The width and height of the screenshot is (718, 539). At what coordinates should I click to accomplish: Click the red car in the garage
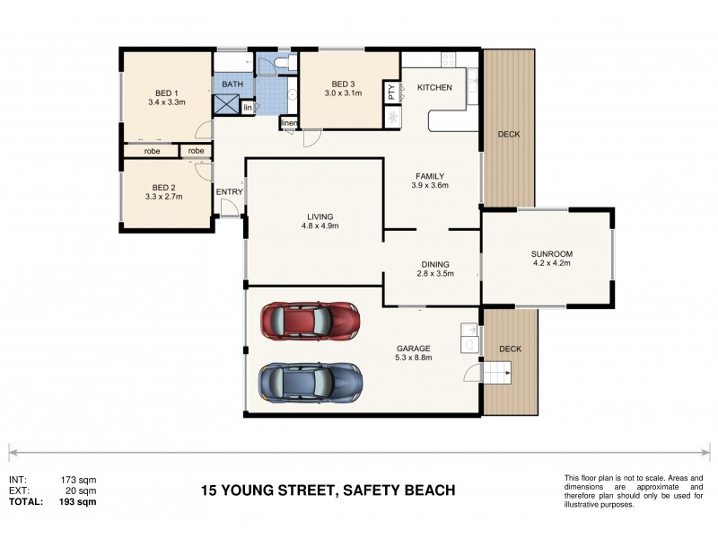pyautogui.click(x=310, y=320)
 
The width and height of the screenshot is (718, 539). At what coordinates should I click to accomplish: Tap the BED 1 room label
pyautogui.click(x=167, y=93)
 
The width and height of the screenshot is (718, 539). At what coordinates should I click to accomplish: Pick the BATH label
pyautogui.click(x=232, y=84)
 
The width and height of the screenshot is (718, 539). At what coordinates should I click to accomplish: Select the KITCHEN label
pyautogui.click(x=434, y=87)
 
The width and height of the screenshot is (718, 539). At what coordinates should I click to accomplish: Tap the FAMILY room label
pyautogui.click(x=429, y=176)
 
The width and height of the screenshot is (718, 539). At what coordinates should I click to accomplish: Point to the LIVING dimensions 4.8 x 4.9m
pyautogui.click(x=320, y=226)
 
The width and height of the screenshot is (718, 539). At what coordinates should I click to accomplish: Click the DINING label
pyautogui.click(x=435, y=265)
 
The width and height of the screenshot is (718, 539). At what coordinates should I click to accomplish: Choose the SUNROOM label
pyautogui.click(x=552, y=254)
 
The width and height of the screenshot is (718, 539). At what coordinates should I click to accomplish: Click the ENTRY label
pyautogui.click(x=229, y=190)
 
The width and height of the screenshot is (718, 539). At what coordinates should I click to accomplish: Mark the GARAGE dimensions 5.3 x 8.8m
pyautogui.click(x=414, y=358)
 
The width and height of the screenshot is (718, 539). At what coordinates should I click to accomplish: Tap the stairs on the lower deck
pyautogui.click(x=496, y=371)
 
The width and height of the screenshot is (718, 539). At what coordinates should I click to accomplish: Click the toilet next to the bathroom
pyautogui.click(x=281, y=63)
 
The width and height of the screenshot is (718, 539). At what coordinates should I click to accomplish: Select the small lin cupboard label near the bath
pyautogui.click(x=247, y=107)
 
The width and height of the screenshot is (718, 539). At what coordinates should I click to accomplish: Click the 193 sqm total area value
pyautogui.click(x=78, y=501)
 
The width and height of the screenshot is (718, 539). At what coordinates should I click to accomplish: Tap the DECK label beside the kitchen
pyautogui.click(x=509, y=135)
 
